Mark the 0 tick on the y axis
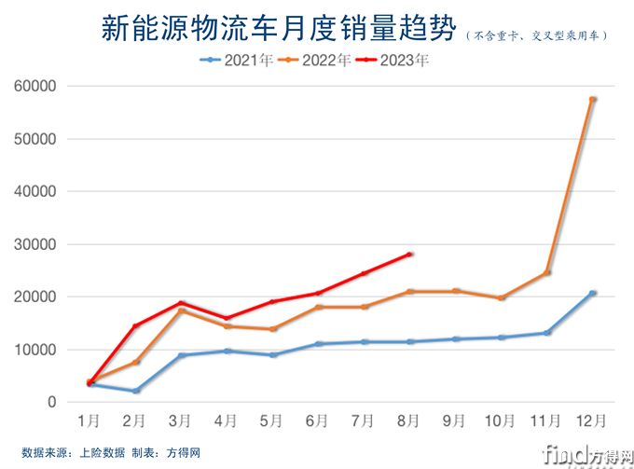[52, 403]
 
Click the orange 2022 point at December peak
[593, 99]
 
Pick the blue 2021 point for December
[593, 293]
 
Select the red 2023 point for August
[410, 254]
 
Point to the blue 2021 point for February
[136, 391]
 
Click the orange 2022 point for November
[547, 272]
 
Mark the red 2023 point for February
[136, 325]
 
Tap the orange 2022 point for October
[502, 298]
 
